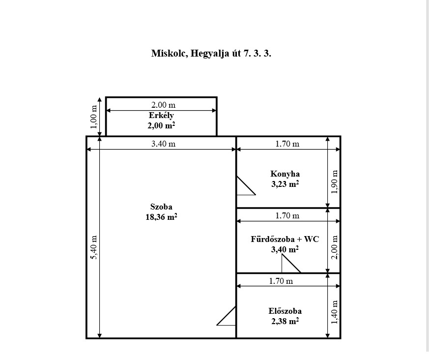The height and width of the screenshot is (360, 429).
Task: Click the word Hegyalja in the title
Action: (210, 54)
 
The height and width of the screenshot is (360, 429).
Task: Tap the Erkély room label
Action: (161, 116)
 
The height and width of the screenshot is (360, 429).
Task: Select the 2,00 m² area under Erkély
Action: (161, 126)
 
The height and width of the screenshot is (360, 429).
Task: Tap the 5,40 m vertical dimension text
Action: (94, 247)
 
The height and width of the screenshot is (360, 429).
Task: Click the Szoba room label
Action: (161, 207)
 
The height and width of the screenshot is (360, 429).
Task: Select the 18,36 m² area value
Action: (161, 217)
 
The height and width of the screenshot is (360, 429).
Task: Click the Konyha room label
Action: (285, 174)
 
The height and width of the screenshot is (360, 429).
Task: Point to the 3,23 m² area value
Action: (285, 184)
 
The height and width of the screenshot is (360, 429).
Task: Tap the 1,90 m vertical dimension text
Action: (335, 182)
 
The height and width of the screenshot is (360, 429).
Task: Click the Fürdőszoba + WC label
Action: (285, 240)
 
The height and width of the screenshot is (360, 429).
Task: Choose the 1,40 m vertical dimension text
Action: (335, 312)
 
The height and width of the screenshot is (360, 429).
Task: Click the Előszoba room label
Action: (285, 311)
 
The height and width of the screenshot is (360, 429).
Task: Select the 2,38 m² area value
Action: (285, 322)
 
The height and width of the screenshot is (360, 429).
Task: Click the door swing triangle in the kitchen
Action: (246, 185)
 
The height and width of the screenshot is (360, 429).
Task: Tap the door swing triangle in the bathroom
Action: (291, 264)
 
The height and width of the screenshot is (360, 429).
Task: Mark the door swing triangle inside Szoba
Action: (226, 316)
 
